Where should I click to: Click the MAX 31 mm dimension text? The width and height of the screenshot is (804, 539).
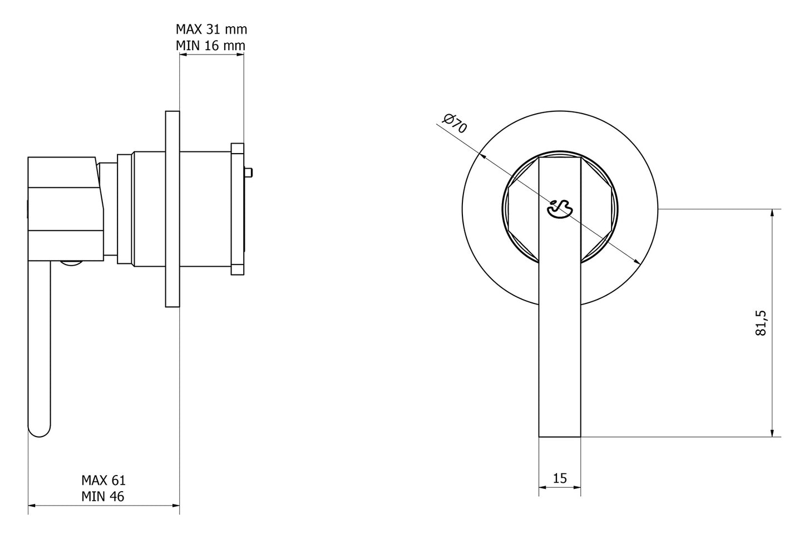click(211, 29)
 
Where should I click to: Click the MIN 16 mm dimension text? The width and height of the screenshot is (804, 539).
click(211, 45)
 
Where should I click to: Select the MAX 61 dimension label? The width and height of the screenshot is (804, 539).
click(103, 480)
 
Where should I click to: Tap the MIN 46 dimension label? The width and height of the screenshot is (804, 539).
click(103, 496)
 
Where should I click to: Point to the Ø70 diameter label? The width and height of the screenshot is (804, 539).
click(455, 123)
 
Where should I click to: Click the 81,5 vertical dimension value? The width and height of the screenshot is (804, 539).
click(761, 322)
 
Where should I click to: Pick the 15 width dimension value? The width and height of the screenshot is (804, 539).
click(560, 478)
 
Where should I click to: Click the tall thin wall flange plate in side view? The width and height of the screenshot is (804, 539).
click(172, 209)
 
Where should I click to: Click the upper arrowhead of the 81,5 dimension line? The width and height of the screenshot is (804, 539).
click(772, 214)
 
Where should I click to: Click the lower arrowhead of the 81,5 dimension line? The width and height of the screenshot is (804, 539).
click(772, 432)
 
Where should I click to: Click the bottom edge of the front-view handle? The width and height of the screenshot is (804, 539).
click(560, 437)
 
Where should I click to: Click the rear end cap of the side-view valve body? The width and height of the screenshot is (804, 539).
click(238, 209)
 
